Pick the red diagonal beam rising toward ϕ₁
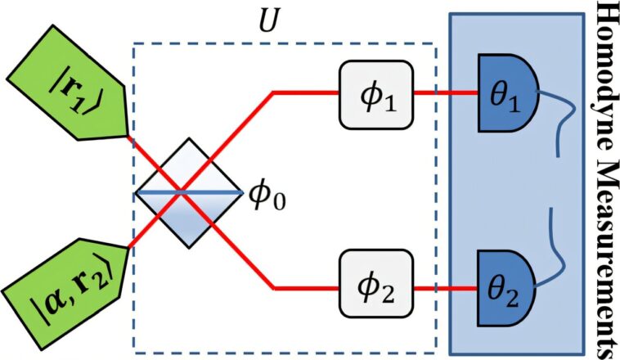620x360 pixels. pos(245,123)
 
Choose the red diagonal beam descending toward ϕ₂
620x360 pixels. pos(245,258)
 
